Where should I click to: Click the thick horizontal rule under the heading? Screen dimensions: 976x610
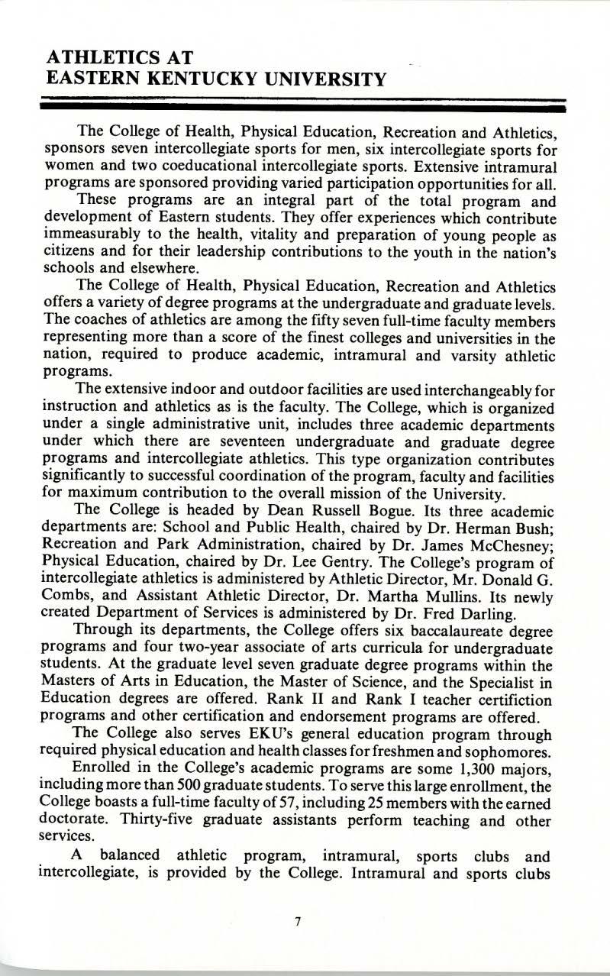(305, 110)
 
